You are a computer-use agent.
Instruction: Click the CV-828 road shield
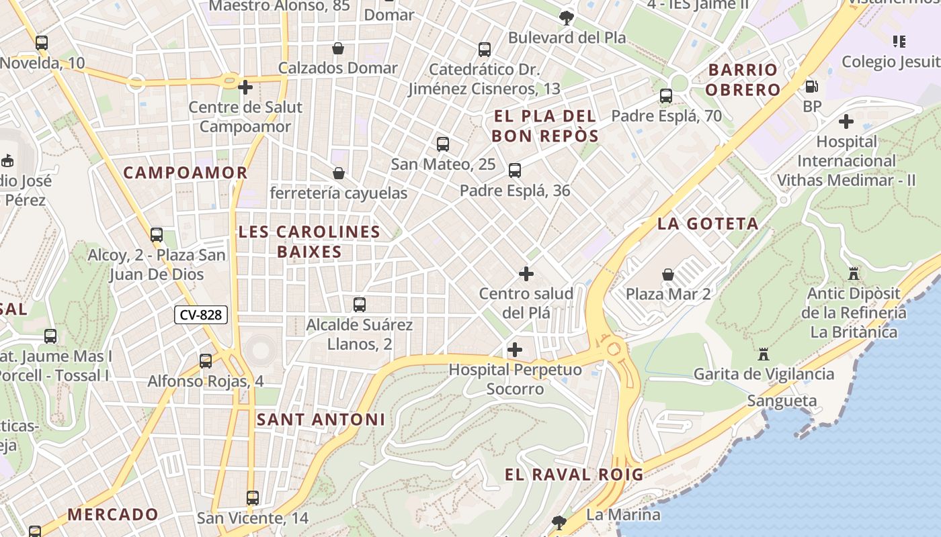[x=201, y=315]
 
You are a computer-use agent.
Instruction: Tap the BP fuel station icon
[x=812, y=87]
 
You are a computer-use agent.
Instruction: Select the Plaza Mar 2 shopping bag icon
[x=668, y=275]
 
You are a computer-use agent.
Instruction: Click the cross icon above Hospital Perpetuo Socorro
[x=515, y=350]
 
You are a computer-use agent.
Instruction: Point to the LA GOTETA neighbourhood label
[x=708, y=224]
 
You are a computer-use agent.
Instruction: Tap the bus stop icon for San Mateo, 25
[x=442, y=144]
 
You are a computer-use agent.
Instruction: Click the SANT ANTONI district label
[x=321, y=420]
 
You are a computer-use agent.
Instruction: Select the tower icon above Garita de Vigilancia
[x=764, y=354]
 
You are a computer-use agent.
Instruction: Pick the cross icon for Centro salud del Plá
[x=526, y=274]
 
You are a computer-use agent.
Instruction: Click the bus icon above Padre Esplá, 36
[x=515, y=170]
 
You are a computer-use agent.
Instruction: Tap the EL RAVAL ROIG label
[x=574, y=475]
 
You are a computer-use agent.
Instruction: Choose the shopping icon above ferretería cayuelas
[x=339, y=174]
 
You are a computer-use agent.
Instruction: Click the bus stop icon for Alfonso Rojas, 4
[x=206, y=361]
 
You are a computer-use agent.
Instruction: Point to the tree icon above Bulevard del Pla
[x=567, y=18]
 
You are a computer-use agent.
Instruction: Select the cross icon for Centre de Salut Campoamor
[x=245, y=87]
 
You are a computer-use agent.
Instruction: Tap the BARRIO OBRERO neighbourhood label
[x=743, y=80]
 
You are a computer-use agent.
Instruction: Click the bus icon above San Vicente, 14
[x=253, y=498]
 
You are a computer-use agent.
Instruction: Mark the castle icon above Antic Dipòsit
[x=854, y=274]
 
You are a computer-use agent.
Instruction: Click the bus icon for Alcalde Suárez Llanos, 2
[x=360, y=305]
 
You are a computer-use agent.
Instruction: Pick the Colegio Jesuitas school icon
[x=899, y=42]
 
